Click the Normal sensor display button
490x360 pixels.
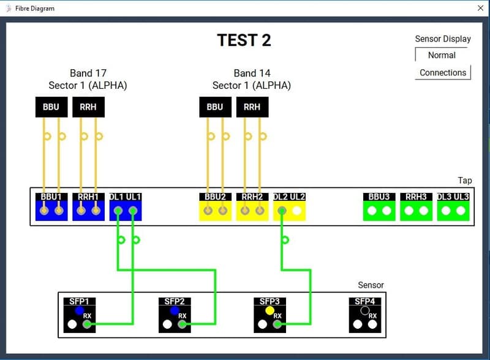coord(442,55)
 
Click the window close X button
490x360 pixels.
coord(480,8)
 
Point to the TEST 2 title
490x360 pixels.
coord(244,40)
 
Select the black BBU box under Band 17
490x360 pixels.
coord(51,107)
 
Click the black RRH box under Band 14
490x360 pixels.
coord(252,107)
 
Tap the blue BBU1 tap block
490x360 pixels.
coord(51,207)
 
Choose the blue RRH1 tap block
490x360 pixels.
coord(88,207)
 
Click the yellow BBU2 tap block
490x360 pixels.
coord(215,207)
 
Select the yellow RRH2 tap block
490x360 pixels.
coord(252,207)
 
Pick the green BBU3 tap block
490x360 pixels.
coord(379,207)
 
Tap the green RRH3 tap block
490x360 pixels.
coord(416,207)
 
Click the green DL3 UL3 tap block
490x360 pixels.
coord(453,207)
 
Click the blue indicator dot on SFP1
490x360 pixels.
coord(79,310)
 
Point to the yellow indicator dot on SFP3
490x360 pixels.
coord(269,310)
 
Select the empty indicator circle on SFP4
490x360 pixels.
coord(365,310)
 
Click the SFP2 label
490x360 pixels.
coord(175,301)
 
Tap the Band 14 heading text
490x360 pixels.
coord(252,73)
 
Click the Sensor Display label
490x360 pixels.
coord(443,39)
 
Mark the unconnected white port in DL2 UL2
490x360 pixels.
coord(297,211)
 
